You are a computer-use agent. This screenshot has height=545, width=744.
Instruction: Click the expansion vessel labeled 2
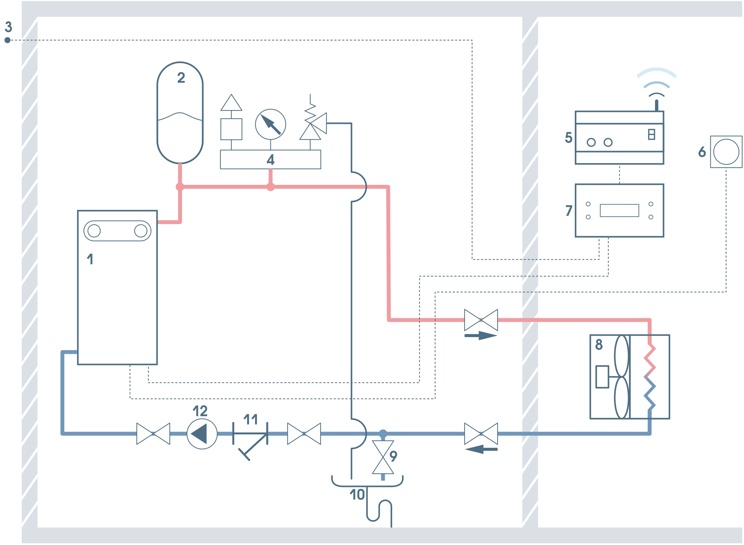coord(180,112)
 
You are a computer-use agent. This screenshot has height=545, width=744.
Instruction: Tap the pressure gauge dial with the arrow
coord(270,124)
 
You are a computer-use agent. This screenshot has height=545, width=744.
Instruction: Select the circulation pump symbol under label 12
coord(202,434)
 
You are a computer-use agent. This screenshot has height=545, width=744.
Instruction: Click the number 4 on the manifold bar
coord(270,160)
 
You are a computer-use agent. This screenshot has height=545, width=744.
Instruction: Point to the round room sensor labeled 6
coord(726,152)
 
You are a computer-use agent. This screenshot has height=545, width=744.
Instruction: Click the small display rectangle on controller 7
coord(619,210)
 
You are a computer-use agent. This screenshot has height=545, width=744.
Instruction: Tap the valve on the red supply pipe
coord(480,320)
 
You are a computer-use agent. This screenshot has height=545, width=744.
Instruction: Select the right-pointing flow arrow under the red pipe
coord(480,336)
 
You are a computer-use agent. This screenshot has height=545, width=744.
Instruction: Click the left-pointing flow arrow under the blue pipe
coord(480,449)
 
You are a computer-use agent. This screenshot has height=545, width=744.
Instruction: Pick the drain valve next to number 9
coord(383,457)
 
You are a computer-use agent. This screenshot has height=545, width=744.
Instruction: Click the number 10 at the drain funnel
coord(357,495)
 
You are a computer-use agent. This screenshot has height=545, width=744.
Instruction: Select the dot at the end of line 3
coord(8,40)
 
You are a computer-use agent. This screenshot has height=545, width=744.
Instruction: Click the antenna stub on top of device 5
coord(657,105)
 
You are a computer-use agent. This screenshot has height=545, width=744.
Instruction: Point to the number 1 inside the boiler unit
coord(90,259)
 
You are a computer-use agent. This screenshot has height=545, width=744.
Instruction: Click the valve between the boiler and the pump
coord(153,434)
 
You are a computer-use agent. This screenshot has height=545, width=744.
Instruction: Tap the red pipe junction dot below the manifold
coord(270,187)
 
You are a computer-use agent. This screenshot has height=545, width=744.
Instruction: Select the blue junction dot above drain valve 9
coord(383,433)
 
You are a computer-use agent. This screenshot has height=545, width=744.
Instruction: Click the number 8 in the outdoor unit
coord(599,344)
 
